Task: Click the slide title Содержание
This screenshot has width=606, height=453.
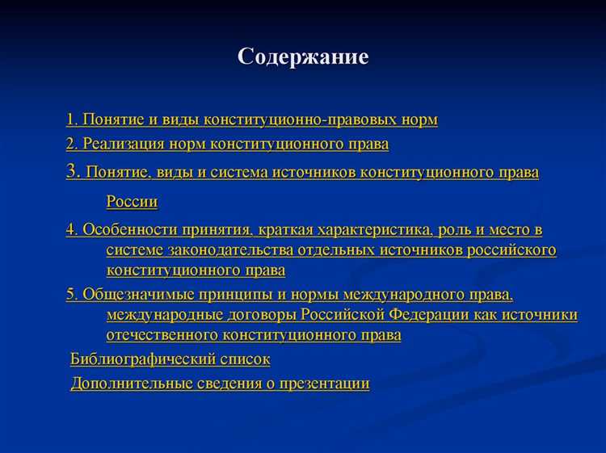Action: (303, 57)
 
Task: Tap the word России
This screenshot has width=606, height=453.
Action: (132, 202)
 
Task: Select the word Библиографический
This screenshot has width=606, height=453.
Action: (143, 359)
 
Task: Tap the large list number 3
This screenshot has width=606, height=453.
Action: (72, 171)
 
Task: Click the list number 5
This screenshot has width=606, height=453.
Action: (71, 294)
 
